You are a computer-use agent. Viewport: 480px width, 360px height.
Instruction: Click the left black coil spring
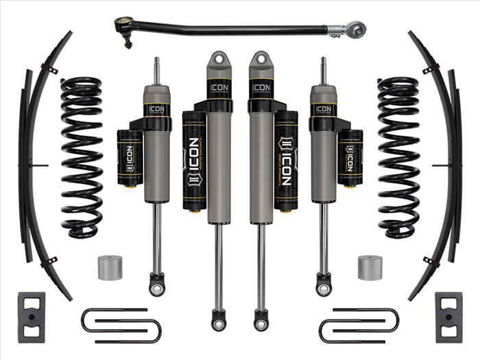pos(81,158)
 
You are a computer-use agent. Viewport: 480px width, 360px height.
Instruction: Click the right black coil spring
pos(398,158)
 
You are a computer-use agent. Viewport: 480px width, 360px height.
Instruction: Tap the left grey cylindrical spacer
pos(109,267)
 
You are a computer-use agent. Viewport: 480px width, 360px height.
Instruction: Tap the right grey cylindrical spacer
pos(370,267)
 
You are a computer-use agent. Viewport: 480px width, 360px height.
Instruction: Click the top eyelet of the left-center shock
pos(219,60)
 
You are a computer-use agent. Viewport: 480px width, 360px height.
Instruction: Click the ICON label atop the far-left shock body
pos(156,108)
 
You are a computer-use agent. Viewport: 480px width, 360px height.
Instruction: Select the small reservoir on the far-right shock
pos(350,158)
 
